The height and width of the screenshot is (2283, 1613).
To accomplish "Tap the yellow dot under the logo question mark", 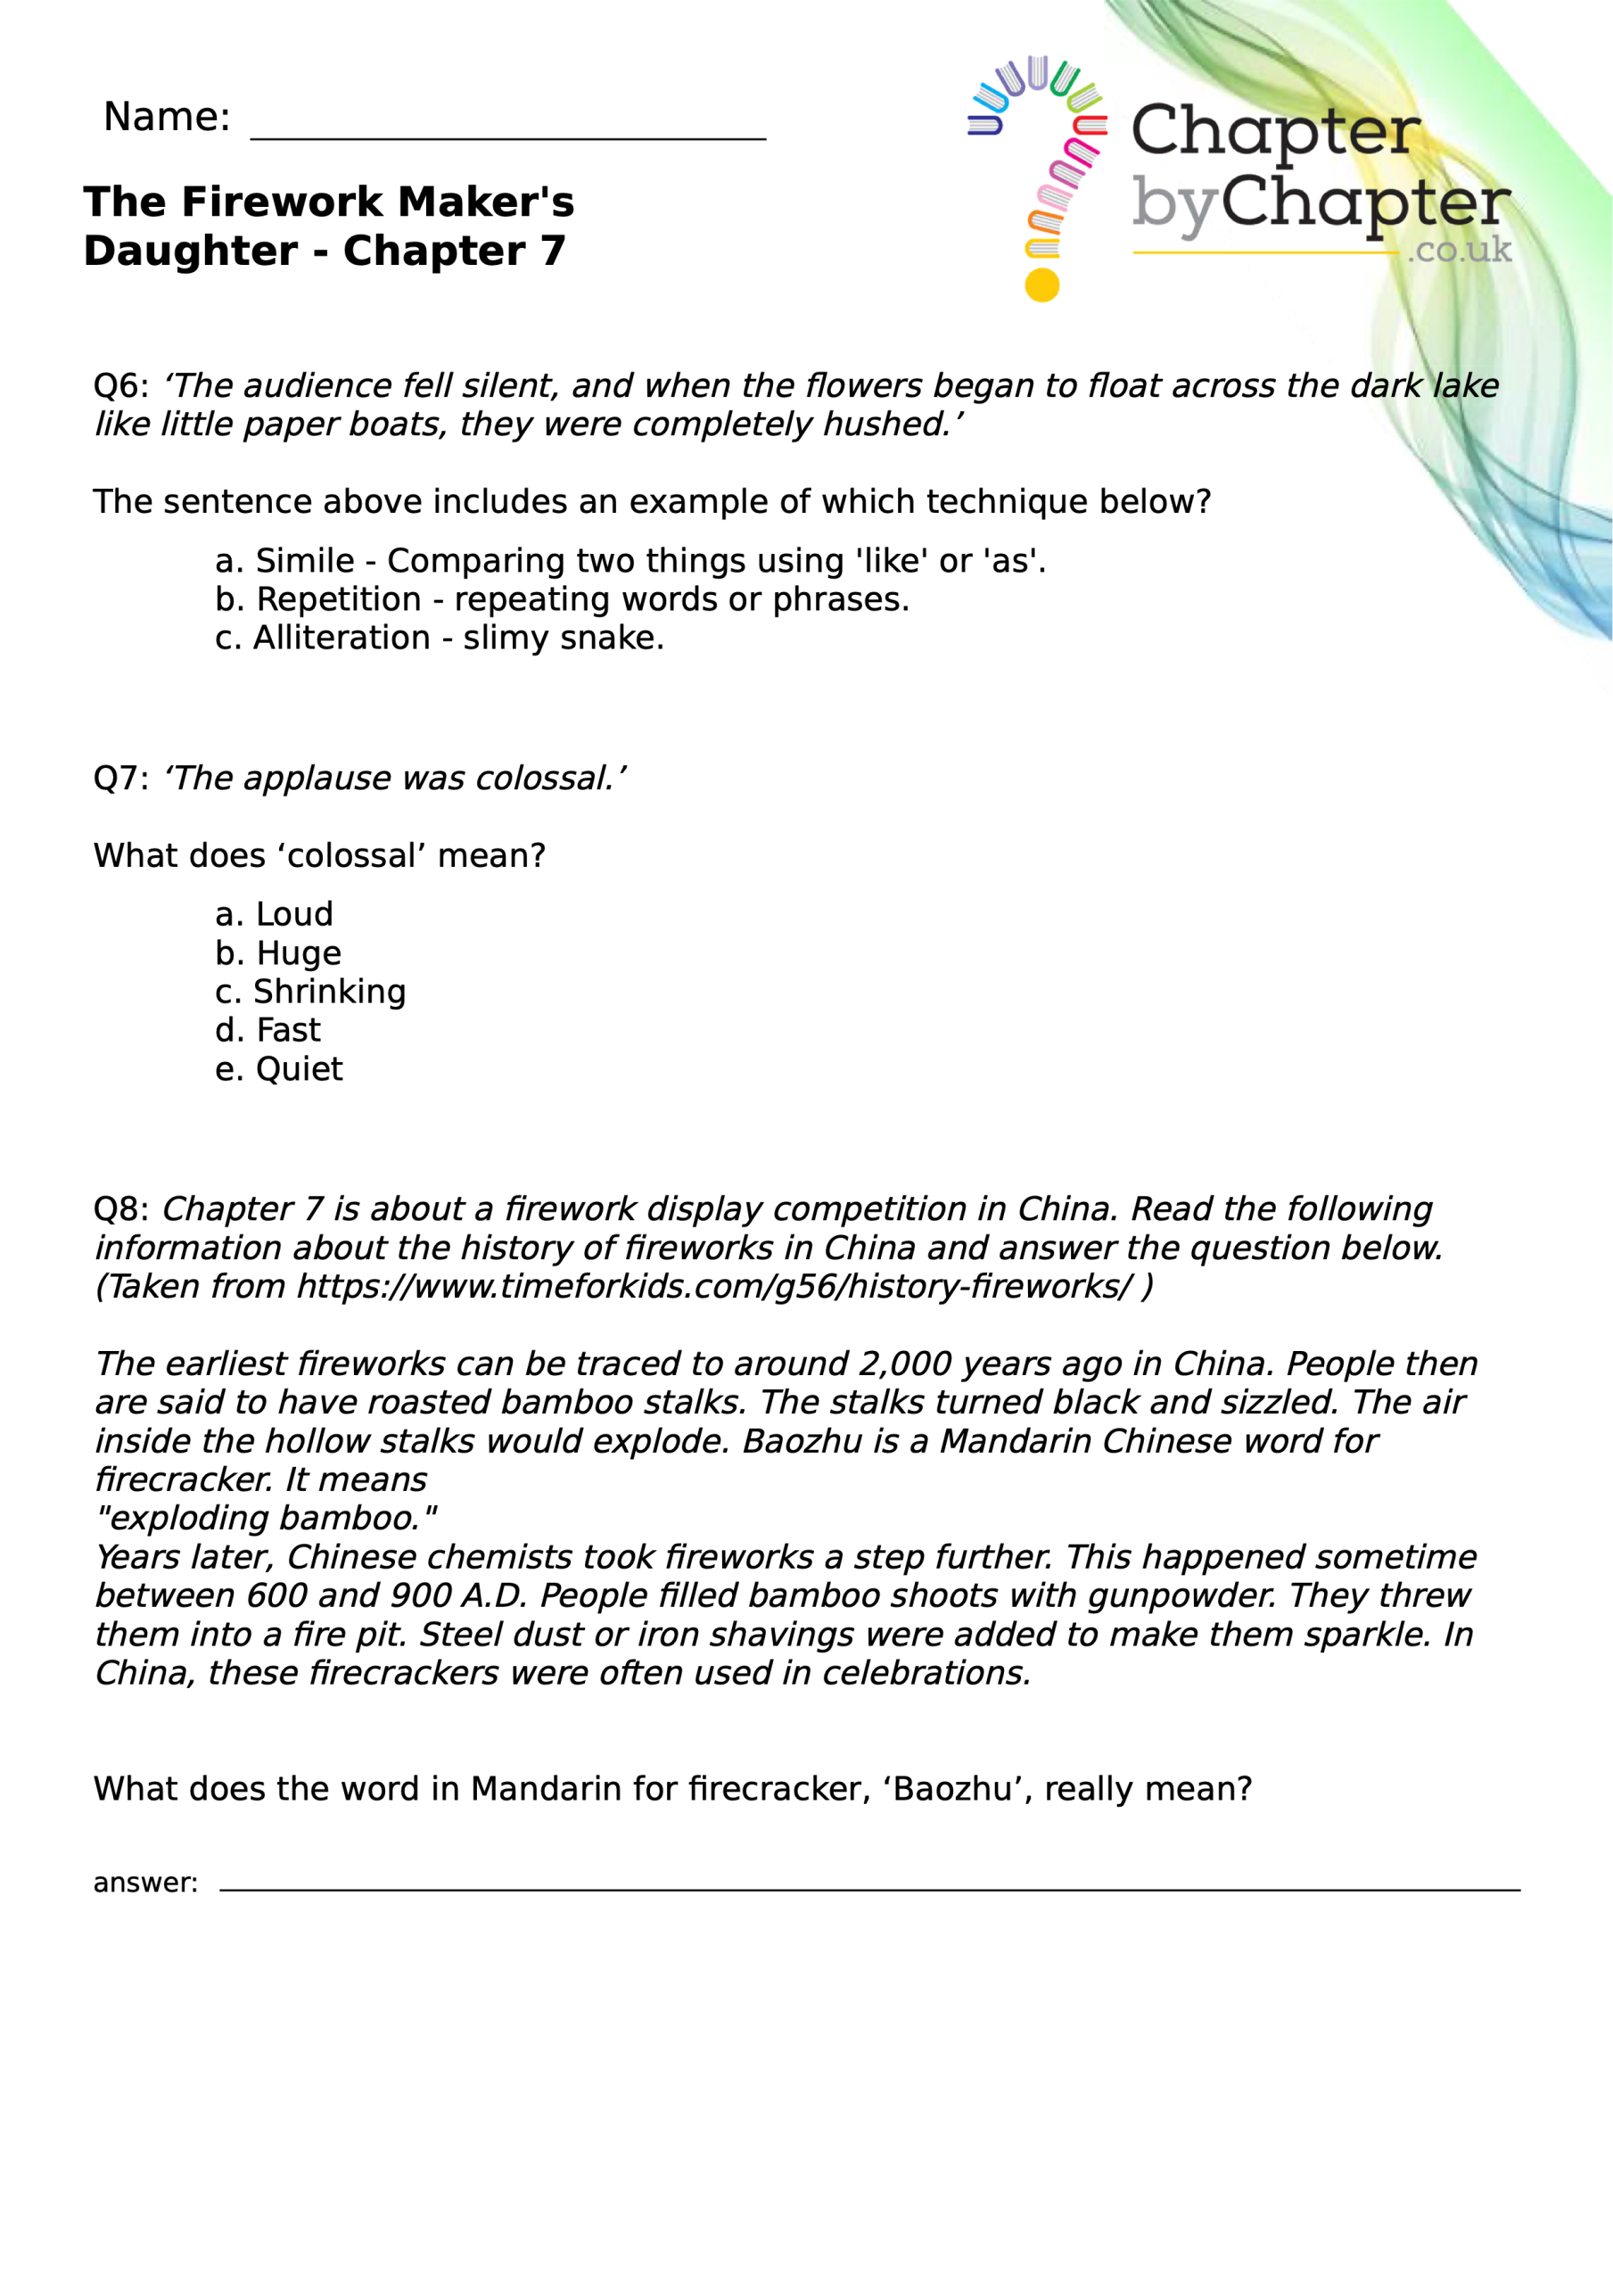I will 1041,285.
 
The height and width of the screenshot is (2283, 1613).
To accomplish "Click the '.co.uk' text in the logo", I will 1459,250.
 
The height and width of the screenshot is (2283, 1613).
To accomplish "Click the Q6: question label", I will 120,386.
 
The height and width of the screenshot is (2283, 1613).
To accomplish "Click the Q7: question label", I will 120,779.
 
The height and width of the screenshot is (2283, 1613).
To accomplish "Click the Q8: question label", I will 120,1209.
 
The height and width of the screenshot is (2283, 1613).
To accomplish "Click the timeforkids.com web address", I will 714,1287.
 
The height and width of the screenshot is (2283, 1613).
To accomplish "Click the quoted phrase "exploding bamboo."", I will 266,1519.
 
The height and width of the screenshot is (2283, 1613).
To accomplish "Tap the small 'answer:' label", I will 145,1883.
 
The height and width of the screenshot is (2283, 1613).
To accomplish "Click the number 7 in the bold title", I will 553,251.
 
